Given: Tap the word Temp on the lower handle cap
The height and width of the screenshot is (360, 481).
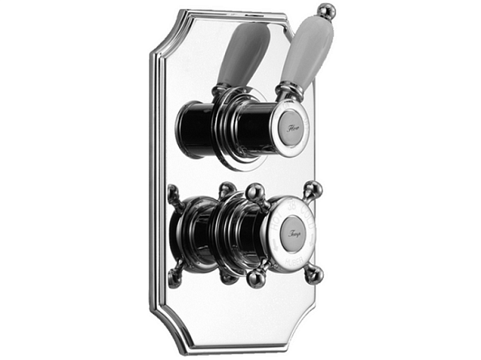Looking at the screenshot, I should coord(293,235).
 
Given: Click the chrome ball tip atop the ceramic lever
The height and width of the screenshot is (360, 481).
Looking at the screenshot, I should coord(326,11).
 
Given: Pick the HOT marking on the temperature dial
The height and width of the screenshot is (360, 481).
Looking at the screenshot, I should coord(275,220).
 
